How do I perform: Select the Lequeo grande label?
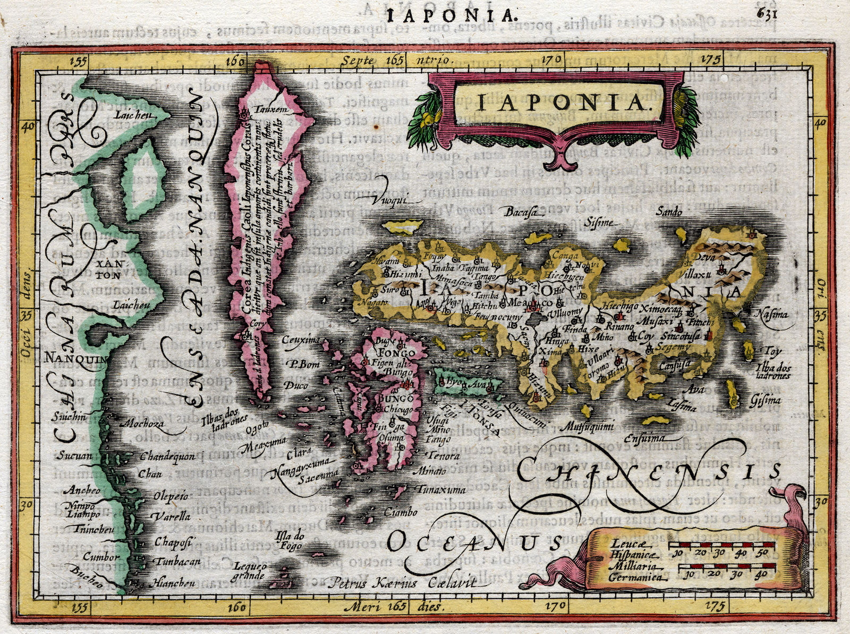click(x=249, y=571)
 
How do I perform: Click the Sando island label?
click(x=669, y=212)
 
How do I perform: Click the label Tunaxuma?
click(x=441, y=489)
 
